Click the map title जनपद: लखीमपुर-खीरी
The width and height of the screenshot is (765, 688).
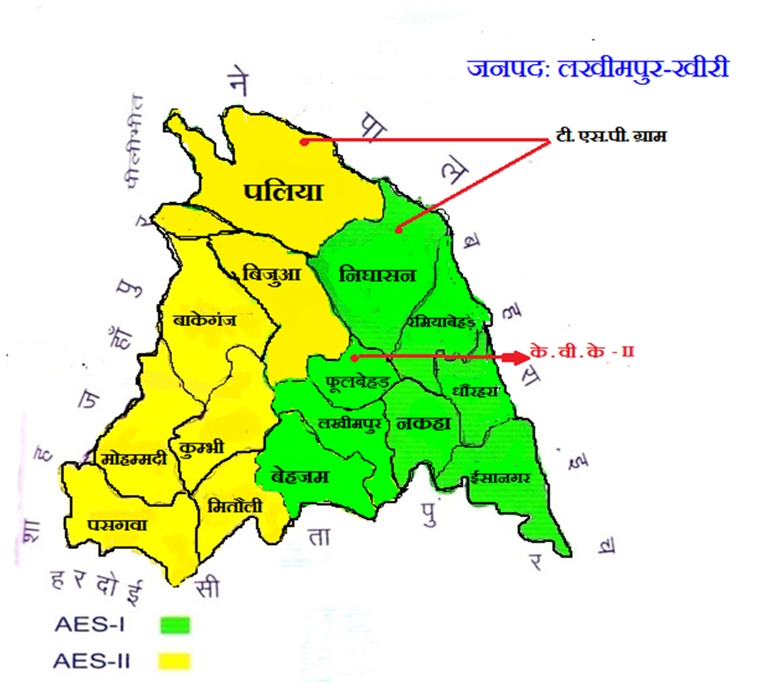[x=598, y=68]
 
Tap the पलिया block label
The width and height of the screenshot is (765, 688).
[x=283, y=191]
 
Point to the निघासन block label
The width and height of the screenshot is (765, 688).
[x=377, y=276]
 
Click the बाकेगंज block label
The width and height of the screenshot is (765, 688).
[x=205, y=319]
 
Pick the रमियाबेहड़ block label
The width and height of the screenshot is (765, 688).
[x=440, y=321]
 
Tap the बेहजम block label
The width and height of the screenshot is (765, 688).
[x=300, y=477]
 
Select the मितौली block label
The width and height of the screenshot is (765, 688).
[x=235, y=505]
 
